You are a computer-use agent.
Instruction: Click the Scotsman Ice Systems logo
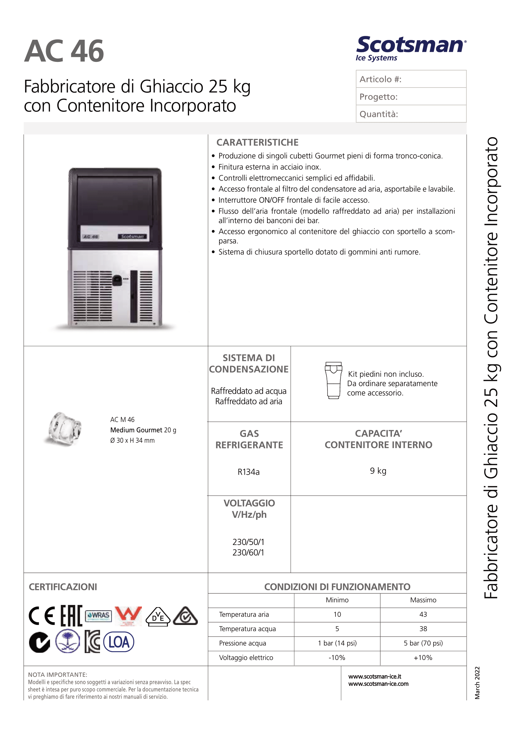(411, 48)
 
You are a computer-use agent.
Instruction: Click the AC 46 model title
(64, 51)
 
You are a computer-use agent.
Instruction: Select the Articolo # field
(411, 79)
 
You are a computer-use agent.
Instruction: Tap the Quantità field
(411, 114)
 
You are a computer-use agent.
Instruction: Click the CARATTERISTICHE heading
(257, 142)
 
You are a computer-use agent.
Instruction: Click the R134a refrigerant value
(249, 472)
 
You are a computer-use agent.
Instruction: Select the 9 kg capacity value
(378, 471)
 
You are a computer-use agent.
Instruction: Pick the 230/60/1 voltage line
(248, 553)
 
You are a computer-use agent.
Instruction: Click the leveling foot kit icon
(333, 380)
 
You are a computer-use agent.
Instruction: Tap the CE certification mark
(42, 616)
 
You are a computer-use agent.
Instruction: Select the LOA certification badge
(119, 642)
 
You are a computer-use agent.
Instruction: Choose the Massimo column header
(423, 600)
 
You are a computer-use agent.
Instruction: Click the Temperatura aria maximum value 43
(423, 614)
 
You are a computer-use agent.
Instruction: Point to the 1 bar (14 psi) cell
(337, 643)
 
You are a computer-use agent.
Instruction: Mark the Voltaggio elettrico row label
(246, 657)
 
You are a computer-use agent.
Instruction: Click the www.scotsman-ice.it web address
(375, 677)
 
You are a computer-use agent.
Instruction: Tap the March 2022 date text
(477, 683)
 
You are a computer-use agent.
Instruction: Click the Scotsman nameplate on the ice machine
(132, 237)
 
